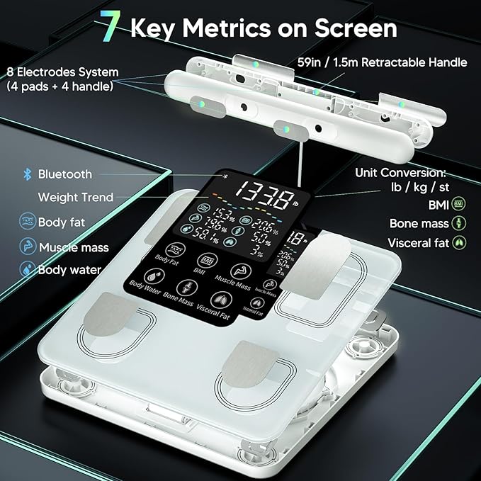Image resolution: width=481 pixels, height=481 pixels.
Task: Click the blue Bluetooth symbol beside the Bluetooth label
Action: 28,174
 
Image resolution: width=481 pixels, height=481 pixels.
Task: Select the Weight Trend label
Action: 75,198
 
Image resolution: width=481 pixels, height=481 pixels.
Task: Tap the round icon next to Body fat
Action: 27,222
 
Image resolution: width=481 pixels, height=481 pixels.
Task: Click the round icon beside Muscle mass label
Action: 27,247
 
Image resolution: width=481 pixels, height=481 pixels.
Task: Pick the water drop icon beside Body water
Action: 27,270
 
